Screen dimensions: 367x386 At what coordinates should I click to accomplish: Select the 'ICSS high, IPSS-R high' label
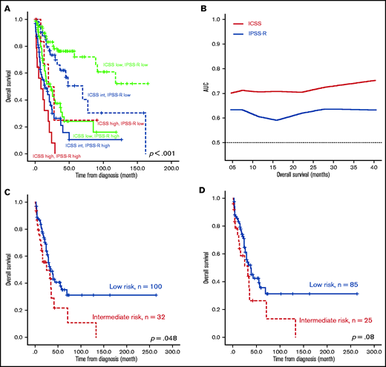pyautogui.click(x=57, y=156)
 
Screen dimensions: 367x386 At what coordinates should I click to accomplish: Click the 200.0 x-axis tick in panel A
pyautogui.click(x=170, y=168)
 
